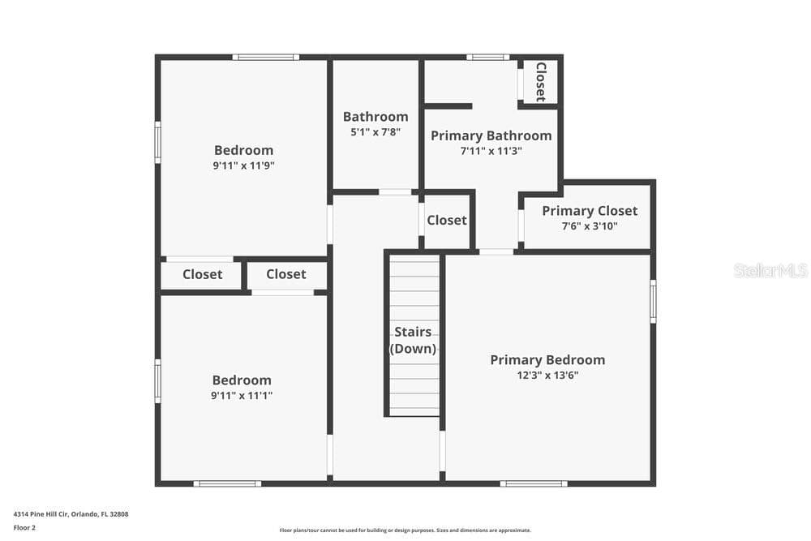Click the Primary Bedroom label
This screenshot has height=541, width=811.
[x=547, y=360]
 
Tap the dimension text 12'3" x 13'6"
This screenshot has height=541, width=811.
[x=547, y=375]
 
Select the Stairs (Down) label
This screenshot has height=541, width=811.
[x=413, y=340]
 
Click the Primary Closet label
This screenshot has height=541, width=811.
[x=590, y=211]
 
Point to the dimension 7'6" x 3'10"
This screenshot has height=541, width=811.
[x=590, y=226]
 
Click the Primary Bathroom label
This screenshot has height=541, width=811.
[x=491, y=135]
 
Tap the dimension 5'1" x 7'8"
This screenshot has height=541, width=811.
[x=375, y=132]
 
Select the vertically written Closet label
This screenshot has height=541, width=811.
[x=541, y=82]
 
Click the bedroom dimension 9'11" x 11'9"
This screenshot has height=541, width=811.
[x=243, y=165]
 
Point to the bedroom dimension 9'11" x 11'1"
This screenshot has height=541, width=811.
[x=242, y=396]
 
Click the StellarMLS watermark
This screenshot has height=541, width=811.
[x=770, y=270]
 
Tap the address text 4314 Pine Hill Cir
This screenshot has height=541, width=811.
[x=41, y=514]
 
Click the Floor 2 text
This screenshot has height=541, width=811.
[x=24, y=528]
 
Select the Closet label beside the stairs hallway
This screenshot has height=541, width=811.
[x=446, y=221]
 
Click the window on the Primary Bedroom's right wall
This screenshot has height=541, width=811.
[x=653, y=302]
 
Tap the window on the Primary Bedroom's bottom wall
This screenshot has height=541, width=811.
[x=534, y=483]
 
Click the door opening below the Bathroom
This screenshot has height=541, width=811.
[x=396, y=192]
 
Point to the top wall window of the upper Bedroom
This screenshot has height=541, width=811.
[x=266, y=57]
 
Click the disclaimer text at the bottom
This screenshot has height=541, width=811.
[x=405, y=530]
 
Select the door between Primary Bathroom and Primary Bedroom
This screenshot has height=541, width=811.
[x=496, y=252]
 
